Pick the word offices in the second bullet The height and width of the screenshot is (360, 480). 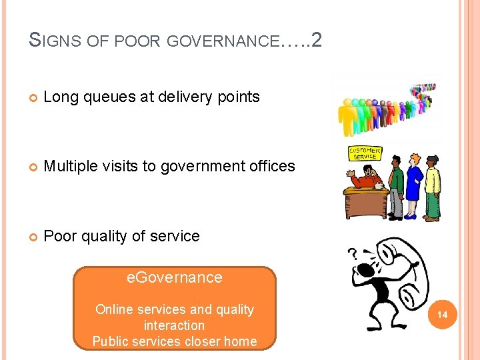[269, 166]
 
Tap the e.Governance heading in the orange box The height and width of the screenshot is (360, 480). [174, 277]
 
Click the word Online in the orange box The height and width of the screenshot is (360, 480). [115, 309]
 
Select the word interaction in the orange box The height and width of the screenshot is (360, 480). [174, 325]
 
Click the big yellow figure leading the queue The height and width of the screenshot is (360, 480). [348, 117]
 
